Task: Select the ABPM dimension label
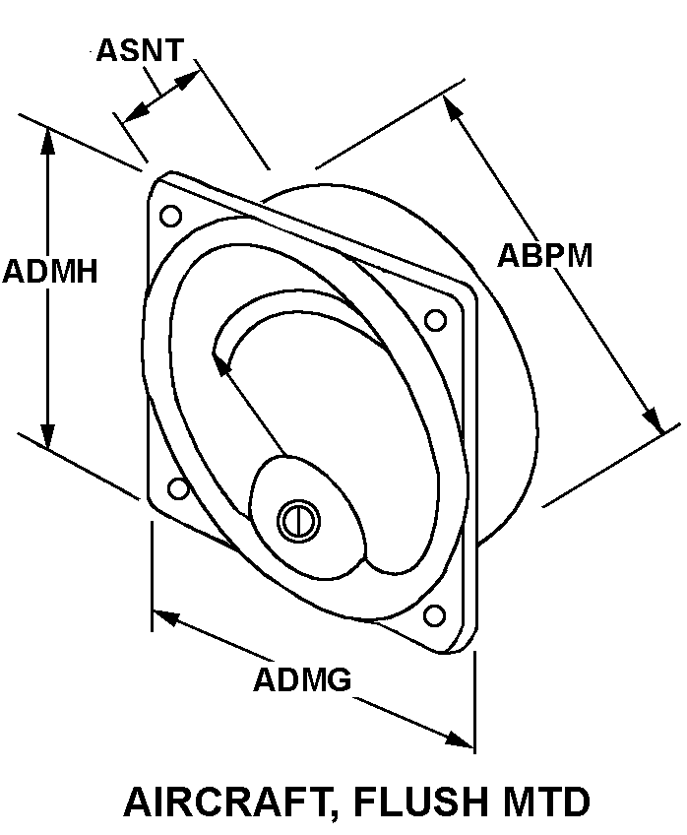pyautogui.click(x=544, y=256)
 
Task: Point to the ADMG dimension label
pyautogui.click(x=302, y=679)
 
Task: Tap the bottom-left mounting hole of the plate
pyautogui.click(x=178, y=487)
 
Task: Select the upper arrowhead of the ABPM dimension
pyautogui.click(x=451, y=106)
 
